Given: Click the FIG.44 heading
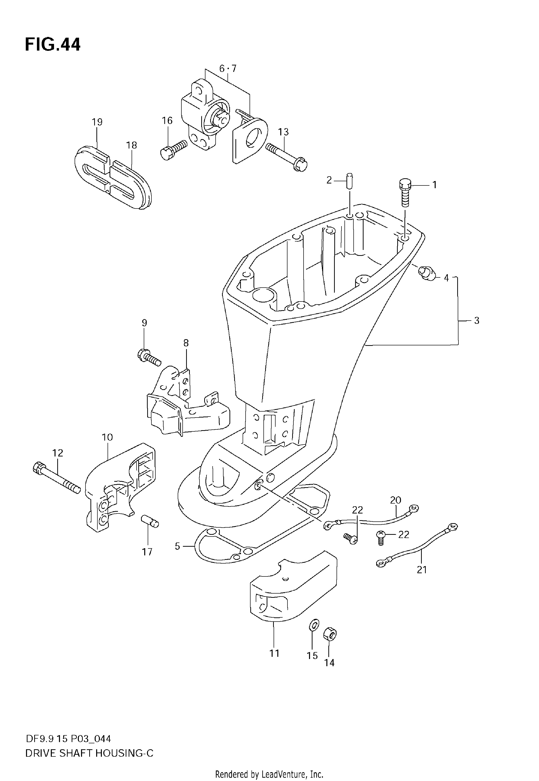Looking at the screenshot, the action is coord(53,45).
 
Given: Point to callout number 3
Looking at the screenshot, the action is coord(477,320).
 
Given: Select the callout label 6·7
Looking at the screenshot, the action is coord(228,69).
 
